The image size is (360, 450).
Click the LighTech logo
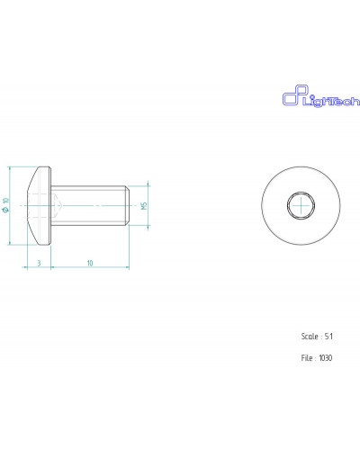(320, 96)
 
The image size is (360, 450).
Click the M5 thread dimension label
(144, 206)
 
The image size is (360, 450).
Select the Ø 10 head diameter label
(5, 205)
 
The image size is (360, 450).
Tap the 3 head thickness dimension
(39, 263)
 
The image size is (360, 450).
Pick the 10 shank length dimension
(90, 263)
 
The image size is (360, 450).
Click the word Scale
(310, 337)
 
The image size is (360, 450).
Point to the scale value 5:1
(328, 337)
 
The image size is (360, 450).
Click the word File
(307, 358)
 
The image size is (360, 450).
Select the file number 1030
(326, 358)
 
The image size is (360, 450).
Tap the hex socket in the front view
(301, 205)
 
